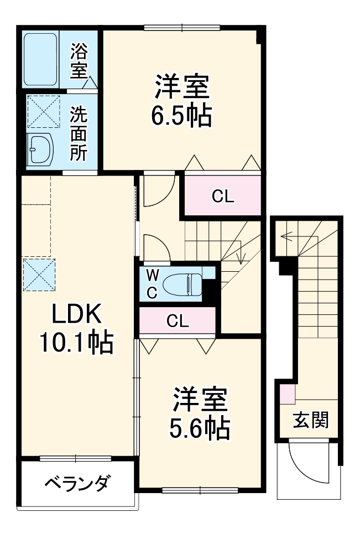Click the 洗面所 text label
79,133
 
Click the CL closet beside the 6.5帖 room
222,196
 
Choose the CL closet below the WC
178,320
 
